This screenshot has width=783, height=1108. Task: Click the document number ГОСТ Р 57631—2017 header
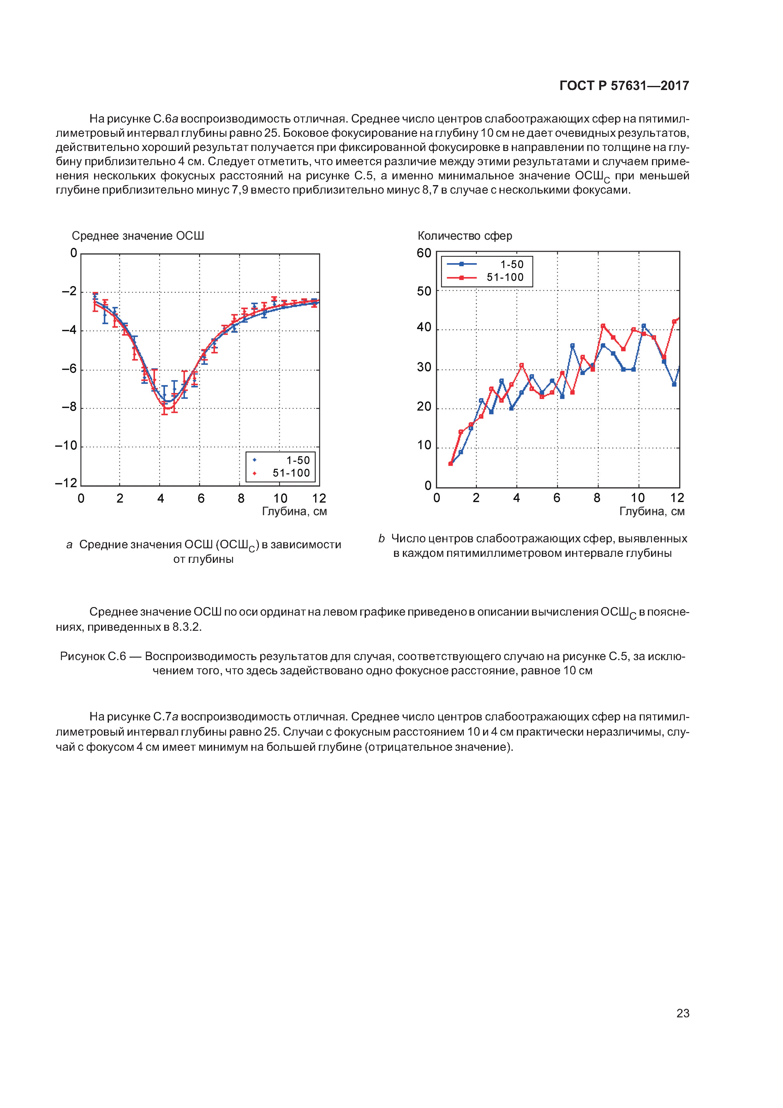(x=624, y=86)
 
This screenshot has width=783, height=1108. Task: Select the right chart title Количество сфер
(x=464, y=236)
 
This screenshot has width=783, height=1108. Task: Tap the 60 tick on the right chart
(x=424, y=253)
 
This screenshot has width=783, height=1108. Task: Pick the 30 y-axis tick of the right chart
(x=424, y=368)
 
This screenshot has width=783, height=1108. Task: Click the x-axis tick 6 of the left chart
(x=201, y=498)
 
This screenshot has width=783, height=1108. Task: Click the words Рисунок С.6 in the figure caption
(x=93, y=656)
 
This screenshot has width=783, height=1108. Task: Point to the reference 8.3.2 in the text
(x=187, y=627)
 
